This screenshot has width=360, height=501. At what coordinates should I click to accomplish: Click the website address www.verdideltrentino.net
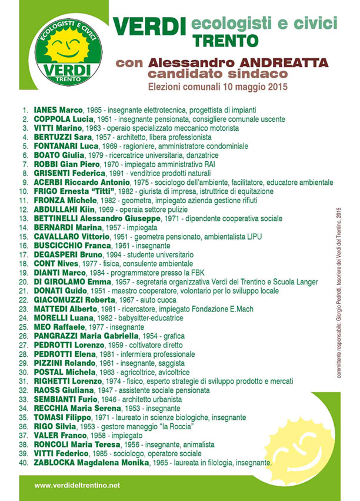77,485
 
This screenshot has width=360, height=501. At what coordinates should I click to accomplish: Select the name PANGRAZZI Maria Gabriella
83,336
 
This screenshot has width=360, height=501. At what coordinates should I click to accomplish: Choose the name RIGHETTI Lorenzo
66,381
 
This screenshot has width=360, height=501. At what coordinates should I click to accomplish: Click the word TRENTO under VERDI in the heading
225,41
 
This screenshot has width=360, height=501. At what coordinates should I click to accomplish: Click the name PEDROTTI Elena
63,354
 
